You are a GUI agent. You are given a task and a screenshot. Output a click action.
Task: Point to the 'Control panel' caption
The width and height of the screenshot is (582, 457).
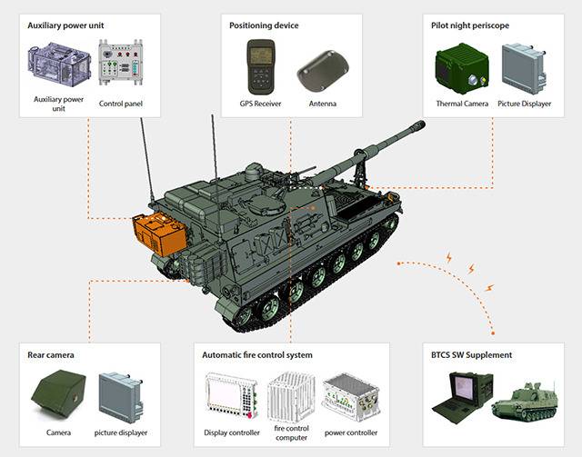(121, 104)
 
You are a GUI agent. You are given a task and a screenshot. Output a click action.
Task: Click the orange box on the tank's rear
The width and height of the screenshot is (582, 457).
(157, 234)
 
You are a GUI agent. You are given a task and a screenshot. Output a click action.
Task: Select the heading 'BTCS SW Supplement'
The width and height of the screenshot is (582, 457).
(473, 354)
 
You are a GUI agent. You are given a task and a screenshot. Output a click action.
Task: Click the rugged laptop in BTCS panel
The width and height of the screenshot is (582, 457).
(463, 397)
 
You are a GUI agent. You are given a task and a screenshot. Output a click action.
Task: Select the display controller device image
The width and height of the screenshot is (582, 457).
(232, 396)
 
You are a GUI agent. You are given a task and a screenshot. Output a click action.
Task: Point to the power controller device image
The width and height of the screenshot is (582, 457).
(351, 396)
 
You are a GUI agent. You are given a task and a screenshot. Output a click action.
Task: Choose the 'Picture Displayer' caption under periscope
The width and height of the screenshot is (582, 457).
(525, 104)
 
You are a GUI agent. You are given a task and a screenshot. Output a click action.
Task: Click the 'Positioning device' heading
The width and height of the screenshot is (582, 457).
(264, 25)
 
